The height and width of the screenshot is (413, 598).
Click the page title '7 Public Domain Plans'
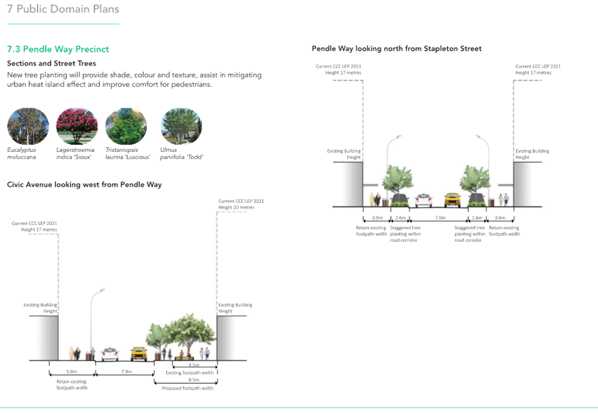[x=62, y=9]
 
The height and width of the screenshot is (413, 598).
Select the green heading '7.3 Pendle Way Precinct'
[x=57, y=49]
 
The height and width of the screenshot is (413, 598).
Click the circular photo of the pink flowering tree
[x=77, y=126]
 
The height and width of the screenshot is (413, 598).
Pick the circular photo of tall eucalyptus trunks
[x=28, y=126]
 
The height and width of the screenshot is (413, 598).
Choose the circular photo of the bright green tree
[x=127, y=126]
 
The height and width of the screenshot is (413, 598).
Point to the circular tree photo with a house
[x=181, y=126]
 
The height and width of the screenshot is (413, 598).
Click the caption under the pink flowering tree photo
[x=76, y=154]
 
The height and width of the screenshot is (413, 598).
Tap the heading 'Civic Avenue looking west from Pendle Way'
[x=84, y=185]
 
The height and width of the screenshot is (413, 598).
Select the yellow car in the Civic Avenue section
[x=138, y=354]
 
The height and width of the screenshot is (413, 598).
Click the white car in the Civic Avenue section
[x=109, y=354]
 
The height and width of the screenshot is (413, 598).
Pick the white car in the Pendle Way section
[x=424, y=199]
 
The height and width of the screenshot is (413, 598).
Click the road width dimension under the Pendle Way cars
[x=441, y=217]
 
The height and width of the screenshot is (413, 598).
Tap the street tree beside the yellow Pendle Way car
[x=474, y=179]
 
